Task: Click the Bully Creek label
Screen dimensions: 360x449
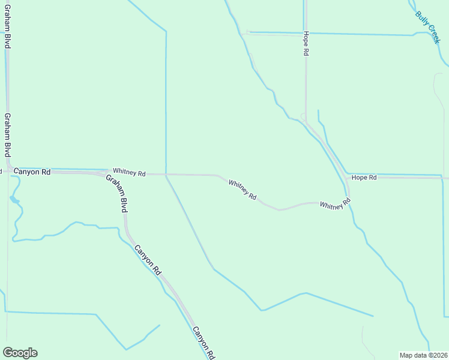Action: [429, 26]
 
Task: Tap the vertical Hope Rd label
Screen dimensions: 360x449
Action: [306, 44]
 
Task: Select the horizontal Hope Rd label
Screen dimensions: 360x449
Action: [364, 178]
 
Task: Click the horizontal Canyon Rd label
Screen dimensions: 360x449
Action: [32, 172]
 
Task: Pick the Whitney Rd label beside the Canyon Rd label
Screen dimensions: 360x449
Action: [129, 173]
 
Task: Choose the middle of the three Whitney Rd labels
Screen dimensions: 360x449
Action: [243, 188]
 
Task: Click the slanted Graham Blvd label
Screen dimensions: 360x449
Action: [117, 194]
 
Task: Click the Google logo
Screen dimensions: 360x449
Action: [20, 353]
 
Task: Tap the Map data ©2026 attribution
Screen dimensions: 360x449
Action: [423, 355]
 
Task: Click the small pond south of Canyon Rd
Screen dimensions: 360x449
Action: [14, 199]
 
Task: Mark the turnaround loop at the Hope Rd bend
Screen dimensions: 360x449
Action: [303, 116]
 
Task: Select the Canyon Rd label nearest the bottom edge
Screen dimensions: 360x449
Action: [203, 343]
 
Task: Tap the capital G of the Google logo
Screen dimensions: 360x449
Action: [8, 352]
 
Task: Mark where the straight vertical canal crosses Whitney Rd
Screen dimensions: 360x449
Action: [166, 174]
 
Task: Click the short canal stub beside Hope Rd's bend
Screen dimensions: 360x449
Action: [318, 118]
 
